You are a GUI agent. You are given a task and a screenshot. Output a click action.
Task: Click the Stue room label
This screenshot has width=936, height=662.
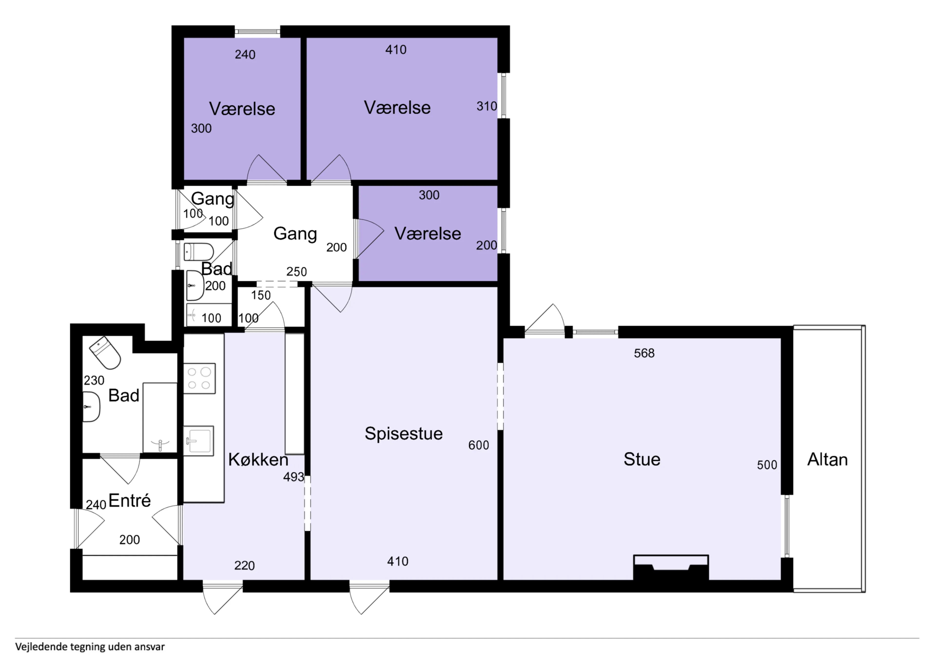point(642,459)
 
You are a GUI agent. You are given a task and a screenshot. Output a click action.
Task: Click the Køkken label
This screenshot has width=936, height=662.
point(258,460)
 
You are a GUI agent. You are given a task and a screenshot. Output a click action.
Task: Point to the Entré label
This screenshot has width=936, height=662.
point(130,501)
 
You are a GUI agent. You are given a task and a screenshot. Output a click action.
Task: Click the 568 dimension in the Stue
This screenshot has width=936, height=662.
point(644,353)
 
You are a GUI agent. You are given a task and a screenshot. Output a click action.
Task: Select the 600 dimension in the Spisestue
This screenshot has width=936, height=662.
point(478,445)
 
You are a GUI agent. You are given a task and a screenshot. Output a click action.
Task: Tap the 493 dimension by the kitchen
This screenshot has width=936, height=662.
point(293,477)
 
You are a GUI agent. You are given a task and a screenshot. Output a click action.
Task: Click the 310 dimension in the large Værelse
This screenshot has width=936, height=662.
point(486,107)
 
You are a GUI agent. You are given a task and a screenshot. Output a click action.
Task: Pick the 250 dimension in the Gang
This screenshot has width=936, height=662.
point(296,272)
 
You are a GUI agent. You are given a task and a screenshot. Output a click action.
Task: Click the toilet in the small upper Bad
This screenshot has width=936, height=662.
point(198,252)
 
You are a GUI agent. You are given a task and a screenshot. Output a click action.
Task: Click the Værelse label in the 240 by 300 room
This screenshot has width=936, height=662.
point(242,109)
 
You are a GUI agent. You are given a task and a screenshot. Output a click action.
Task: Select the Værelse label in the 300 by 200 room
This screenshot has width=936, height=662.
point(428,234)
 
